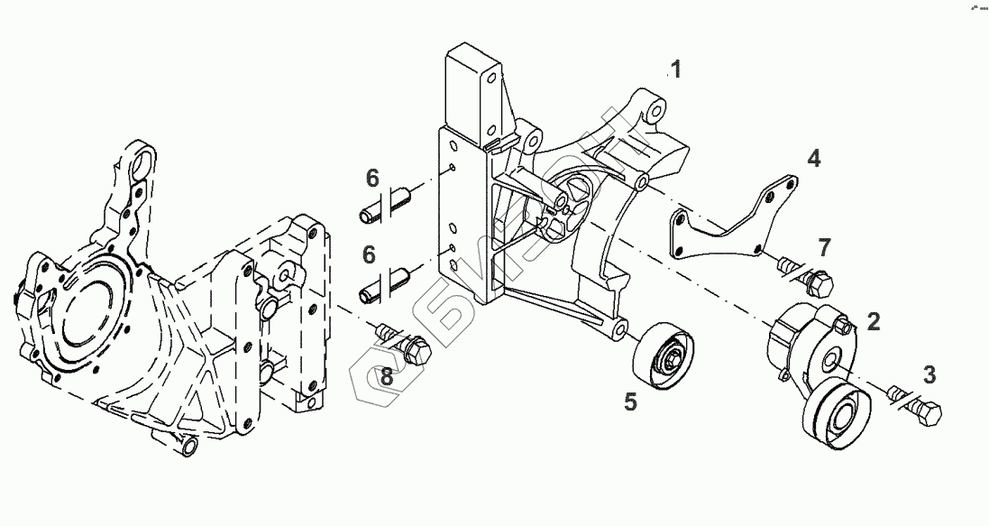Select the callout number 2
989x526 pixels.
873,320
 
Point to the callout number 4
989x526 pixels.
813,160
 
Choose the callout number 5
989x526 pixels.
630,401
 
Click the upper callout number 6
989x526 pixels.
370,179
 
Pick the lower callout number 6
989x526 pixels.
370,255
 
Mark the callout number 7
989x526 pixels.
823,245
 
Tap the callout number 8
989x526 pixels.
386,377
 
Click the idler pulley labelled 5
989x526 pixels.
664,358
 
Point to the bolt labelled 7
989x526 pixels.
806,274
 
